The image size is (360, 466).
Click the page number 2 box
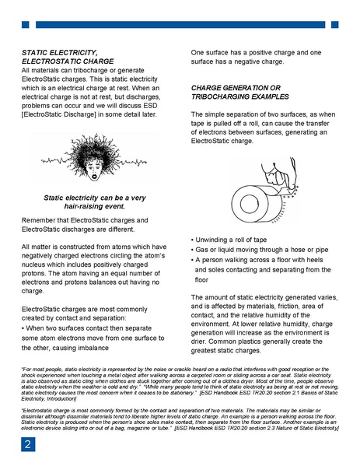28,444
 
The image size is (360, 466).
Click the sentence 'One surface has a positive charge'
247,58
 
